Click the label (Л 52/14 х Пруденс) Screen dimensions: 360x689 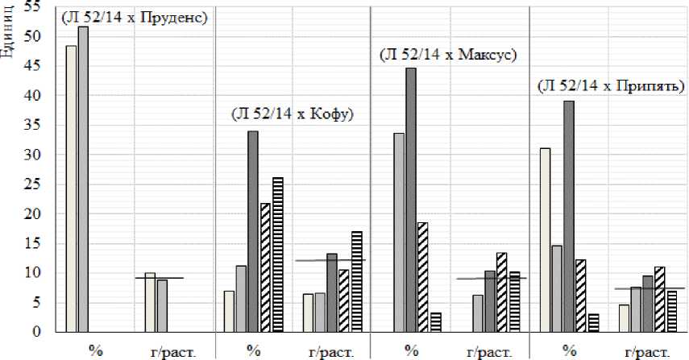135,17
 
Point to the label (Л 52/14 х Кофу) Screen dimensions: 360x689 293,114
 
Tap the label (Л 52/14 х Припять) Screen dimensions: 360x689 611,85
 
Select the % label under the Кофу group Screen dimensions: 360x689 254,350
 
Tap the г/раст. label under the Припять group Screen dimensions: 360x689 646,350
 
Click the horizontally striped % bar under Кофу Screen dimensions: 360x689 278,254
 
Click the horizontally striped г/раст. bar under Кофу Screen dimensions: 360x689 357,281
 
